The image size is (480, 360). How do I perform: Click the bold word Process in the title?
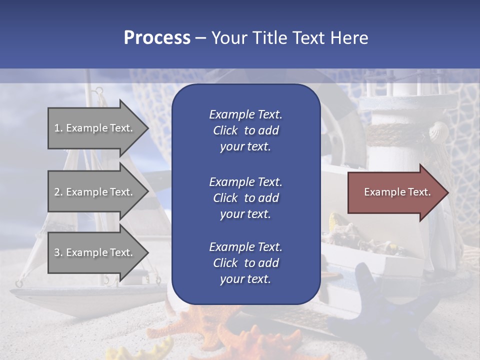(157, 38)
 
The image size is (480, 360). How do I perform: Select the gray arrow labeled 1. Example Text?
(95, 128)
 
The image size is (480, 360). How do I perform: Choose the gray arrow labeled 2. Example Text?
(95, 192)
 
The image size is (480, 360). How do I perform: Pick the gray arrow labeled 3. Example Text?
(95, 252)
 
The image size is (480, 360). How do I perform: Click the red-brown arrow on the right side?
(395, 192)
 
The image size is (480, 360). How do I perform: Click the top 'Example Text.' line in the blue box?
(245, 114)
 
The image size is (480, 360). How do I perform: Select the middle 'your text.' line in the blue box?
(245, 214)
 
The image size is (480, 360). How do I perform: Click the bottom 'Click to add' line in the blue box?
(245, 263)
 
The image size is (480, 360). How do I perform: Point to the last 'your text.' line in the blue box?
(245, 279)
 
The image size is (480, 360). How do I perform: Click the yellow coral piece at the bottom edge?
(150, 350)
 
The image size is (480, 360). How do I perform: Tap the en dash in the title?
(201, 38)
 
